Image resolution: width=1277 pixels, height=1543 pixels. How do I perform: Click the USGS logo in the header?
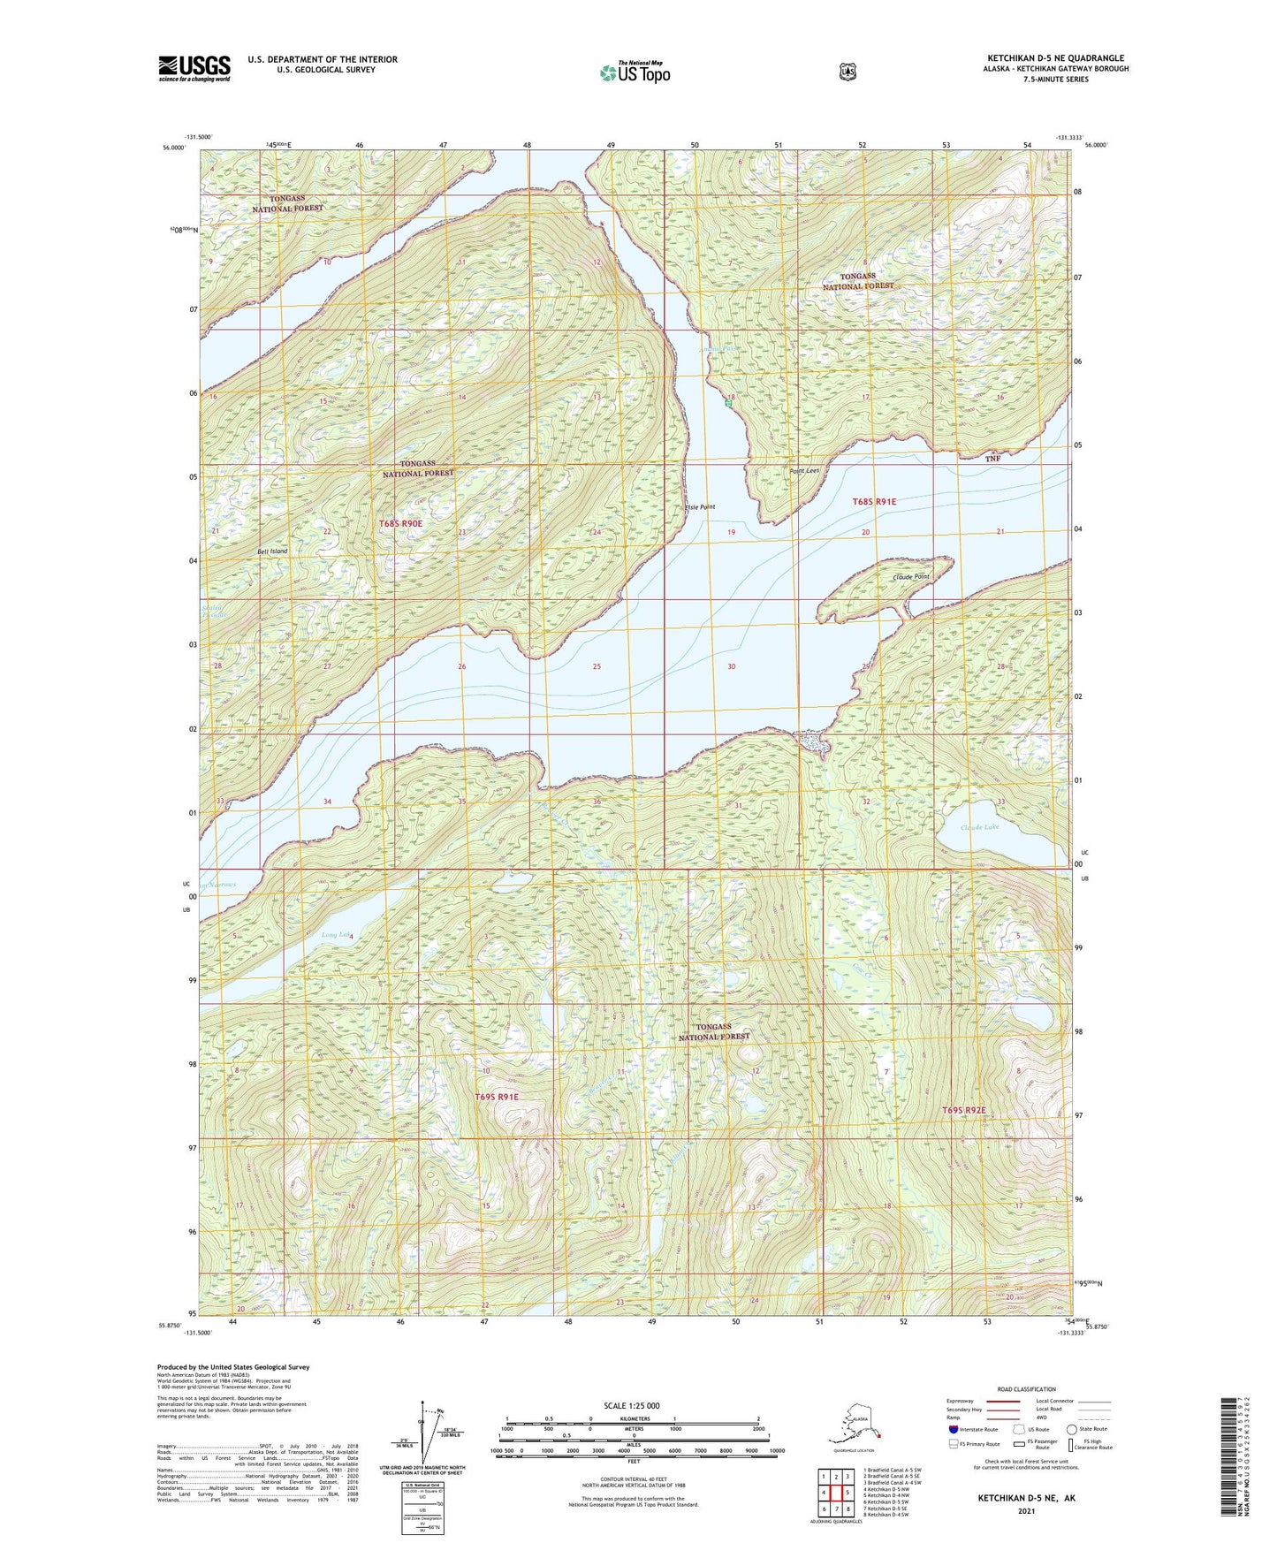coord(194,68)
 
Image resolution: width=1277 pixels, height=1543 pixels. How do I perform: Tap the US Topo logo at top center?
coord(634,72)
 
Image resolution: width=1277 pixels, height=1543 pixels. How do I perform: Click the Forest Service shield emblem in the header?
coord(848,72)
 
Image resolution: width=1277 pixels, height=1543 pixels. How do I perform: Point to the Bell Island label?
coord(272,551)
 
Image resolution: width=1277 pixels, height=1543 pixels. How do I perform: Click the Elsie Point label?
coord(700,507)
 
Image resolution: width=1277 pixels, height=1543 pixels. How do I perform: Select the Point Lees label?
coord(804,471)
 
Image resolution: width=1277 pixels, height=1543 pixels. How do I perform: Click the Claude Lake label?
coord(979,827)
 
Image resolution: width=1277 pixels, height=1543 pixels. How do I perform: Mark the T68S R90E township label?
coord(401,523)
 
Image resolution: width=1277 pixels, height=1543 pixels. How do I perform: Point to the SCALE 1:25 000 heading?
coord(631,1405)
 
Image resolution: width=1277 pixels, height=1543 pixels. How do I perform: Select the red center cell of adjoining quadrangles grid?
coord(835,1493)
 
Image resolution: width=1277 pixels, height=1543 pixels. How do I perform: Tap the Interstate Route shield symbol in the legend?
coord(953,1428)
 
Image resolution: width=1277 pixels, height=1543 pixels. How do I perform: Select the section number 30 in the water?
coord(731,666)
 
